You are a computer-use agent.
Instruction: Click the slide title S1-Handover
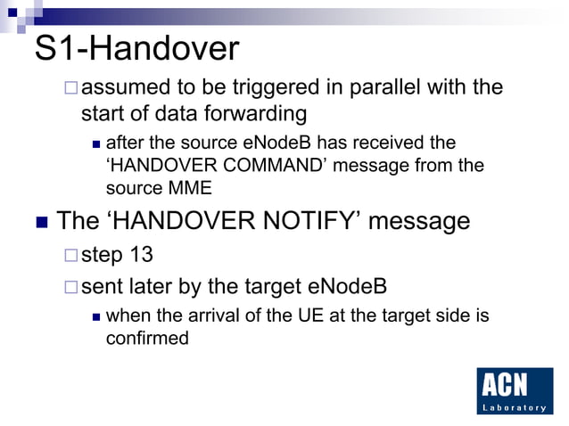(136, 49)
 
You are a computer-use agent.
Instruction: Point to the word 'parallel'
(375, 88)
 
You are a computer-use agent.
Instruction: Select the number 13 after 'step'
(139, 255)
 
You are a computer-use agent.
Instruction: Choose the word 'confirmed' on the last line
(147, 338)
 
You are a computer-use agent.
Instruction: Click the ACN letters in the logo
(504, 385)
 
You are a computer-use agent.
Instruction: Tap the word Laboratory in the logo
(515, 407)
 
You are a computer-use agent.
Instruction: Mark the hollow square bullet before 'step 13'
(70, 256)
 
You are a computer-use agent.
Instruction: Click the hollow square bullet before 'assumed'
(70, 89)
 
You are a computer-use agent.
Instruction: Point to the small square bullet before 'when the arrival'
(96, 316)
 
